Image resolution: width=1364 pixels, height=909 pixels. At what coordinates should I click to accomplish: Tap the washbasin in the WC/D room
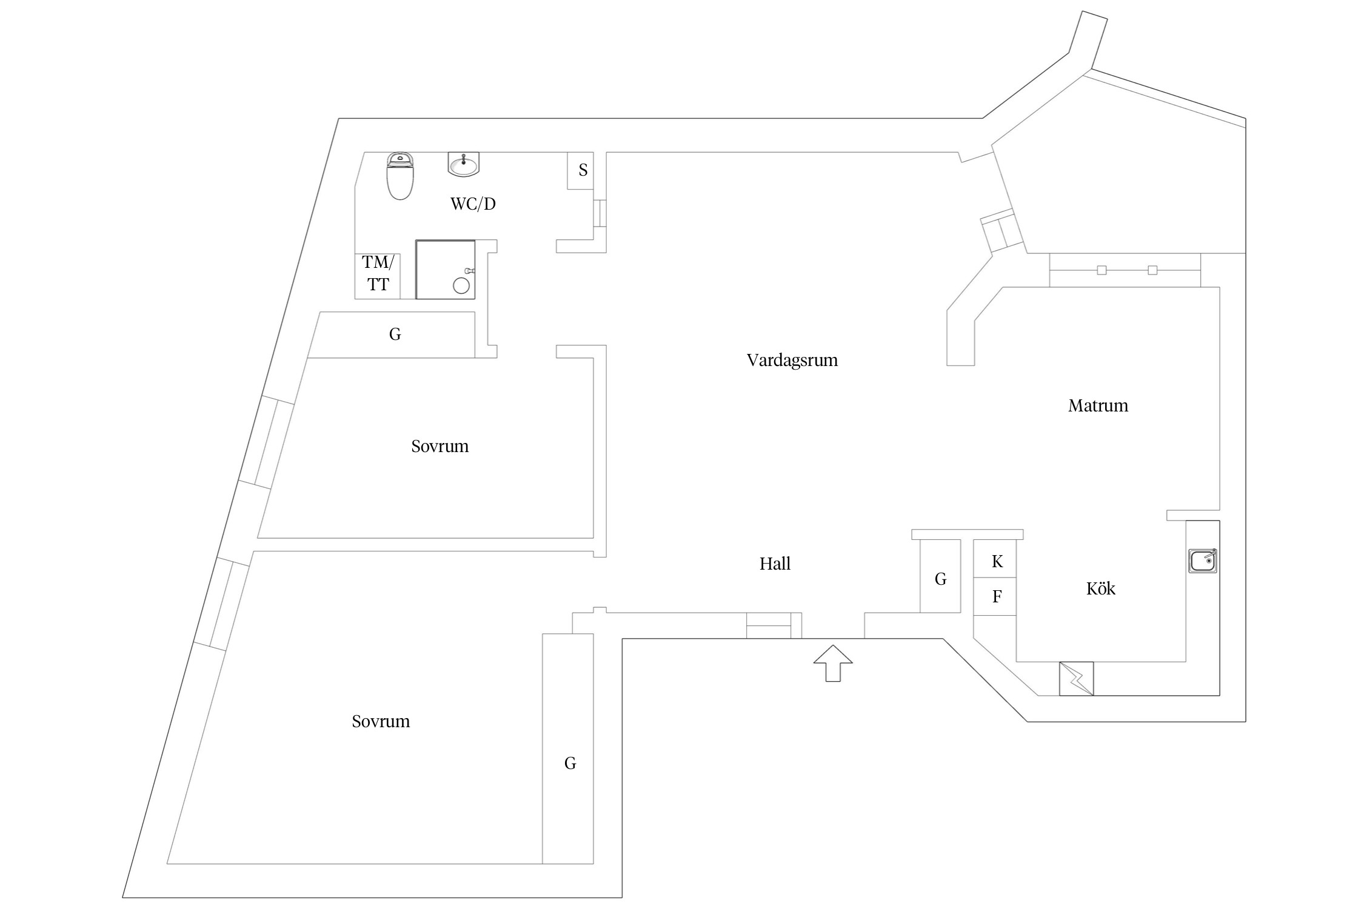pos(464,164)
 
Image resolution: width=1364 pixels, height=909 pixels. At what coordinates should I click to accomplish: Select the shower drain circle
pos(461,286)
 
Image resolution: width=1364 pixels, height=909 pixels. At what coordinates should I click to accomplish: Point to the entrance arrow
pos(833,663)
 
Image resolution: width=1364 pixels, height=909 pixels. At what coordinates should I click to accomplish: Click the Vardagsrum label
pos(792,361)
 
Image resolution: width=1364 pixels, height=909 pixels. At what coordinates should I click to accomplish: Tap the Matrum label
pos(1098,406)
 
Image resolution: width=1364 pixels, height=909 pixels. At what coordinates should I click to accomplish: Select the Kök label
pos(1100,589)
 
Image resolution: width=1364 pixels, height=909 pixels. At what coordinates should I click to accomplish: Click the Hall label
pos(775,564)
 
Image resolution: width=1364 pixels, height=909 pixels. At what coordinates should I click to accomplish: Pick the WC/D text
pos(473,204)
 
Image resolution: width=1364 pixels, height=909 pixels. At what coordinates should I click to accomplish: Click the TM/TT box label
pos(378,273)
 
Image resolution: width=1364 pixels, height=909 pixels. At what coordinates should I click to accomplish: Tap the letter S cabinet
pos(583,170)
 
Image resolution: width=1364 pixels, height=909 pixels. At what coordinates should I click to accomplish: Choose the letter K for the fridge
pos(997,562)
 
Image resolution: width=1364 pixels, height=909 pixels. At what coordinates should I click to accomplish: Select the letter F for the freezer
pos(997,597)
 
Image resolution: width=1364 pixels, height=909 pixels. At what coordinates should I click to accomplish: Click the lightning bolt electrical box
pos(1076,679)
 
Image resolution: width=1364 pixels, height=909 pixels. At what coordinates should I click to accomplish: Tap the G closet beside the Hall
pos(940,579)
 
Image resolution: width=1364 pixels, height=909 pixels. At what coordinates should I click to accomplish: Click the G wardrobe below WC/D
pos(395,334)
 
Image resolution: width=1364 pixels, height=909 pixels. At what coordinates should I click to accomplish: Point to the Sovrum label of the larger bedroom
pos(381,722)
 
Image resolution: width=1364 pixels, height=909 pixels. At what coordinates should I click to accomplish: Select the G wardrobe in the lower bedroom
pos(570,764)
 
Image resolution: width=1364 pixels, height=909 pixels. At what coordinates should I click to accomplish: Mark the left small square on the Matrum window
pos(1102,270)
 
